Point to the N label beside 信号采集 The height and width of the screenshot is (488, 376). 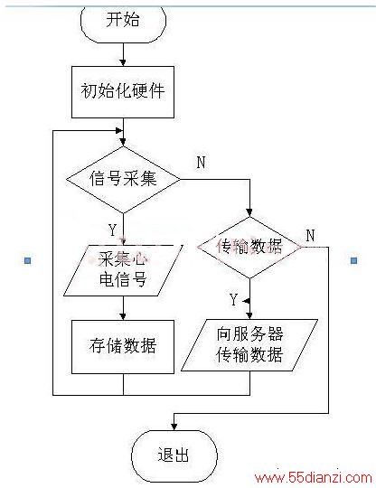pos(202,162)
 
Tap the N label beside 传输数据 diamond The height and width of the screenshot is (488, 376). pos(310,235)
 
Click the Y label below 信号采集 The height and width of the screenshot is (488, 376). pos(113,230)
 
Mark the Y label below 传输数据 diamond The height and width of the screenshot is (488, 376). pos(233,299)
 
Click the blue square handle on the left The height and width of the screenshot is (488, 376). pos(28,260)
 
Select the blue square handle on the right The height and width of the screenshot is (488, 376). pos(354,260)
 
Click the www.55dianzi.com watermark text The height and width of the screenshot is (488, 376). pos(313,477)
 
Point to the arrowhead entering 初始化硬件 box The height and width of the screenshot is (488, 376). pos(123,62)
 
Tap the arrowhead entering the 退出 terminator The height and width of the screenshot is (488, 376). pos(174,427)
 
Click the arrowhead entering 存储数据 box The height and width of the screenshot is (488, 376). pos(123,316)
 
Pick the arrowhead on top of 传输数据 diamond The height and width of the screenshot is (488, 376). pos(249,213)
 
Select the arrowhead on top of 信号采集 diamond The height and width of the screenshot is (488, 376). pos(123,142)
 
